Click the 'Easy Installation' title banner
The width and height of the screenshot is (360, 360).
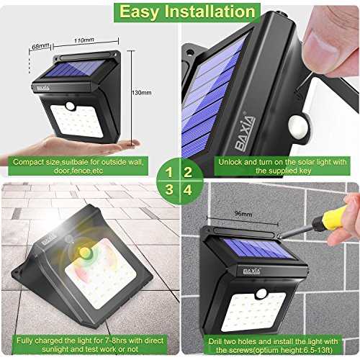(187, 12)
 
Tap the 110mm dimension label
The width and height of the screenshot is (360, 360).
(84, 40)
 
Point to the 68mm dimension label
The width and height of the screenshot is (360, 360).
(40, 45)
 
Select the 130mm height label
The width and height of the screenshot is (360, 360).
(142, 93)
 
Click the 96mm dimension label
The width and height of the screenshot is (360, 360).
(243, 213)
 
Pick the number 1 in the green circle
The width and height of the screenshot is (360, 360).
(169, 172)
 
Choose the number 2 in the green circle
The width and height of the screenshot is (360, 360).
(188, 172)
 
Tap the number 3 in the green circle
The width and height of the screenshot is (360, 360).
(169, 189)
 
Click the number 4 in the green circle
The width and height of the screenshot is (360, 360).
(188, 190)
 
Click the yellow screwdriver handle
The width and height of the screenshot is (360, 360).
(333, 219)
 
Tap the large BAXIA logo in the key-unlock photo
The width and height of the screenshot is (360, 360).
(245, 132)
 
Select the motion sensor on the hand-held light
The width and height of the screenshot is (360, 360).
(71, 106)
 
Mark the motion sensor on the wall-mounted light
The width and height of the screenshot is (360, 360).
(261, 293)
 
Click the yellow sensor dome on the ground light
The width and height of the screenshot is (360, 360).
(85, 253)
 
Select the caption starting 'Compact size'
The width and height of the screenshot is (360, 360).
(78, 166)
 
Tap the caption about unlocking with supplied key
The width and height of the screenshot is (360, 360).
(282, 166)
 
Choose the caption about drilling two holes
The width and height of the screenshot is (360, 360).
(273, 346)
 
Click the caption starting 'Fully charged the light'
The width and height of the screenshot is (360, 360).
(90, 345)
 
